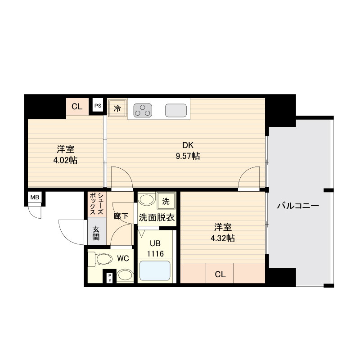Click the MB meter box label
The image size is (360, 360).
click(34, 197)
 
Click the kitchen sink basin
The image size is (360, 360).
click(176, 110)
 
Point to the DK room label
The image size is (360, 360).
click(188, 145)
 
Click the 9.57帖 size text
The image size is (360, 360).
click(188, 157)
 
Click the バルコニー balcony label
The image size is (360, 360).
click(297, 207)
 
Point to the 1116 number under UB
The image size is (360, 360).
click(155, 254)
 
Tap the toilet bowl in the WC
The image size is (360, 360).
click(103, 259)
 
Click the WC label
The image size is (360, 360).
click(123, 259)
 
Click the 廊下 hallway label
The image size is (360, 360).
click(121, 216)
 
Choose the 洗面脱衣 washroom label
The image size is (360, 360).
click(156, 217)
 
